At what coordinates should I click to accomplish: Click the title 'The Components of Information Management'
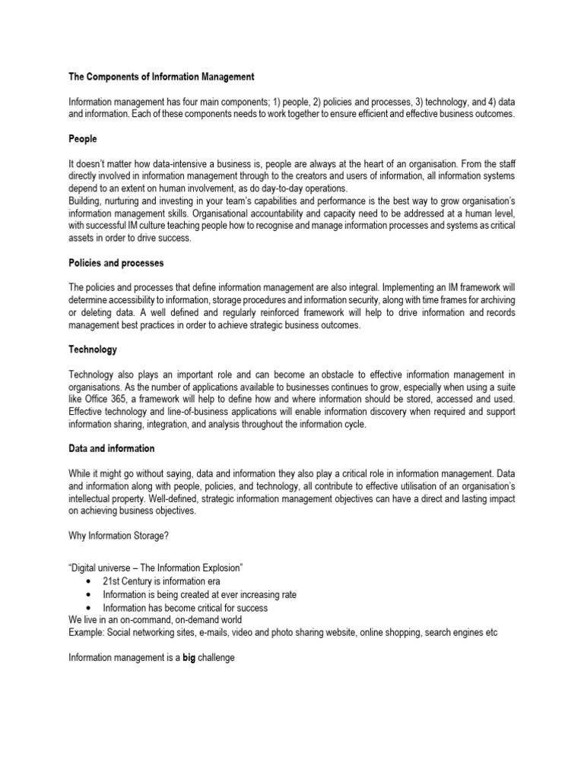(161, 77)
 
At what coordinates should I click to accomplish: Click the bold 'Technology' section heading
(93, 349)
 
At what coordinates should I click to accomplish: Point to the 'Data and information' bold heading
(112, 448)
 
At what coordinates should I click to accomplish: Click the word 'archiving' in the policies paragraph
(495, 300)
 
